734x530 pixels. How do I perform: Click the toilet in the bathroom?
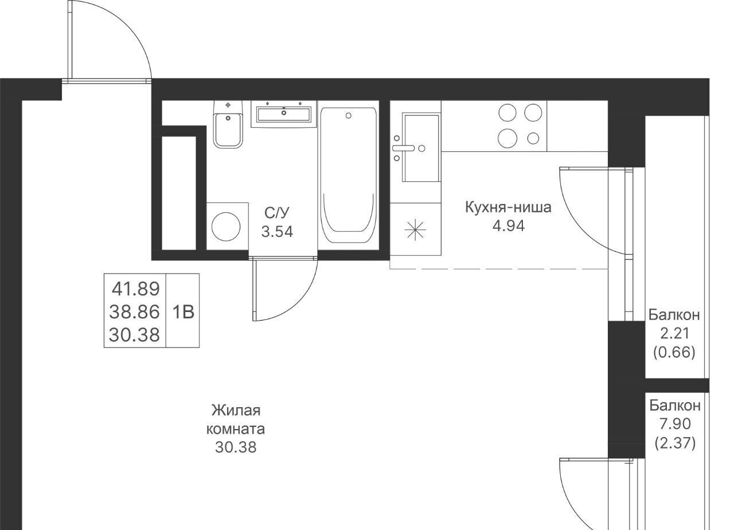pyautogui.click(x=228, y=124)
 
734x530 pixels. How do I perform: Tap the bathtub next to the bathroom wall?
pyautogui.click(x=348, y=176)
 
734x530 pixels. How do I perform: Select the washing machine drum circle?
pyautogui.click(x=226, y=227)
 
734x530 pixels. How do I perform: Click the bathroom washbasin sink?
pyautogui.click(x=284, y=114)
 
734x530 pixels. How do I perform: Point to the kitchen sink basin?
pyautogui.click(x=421, y=147)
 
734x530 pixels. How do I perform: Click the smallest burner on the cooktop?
pyautogui.click(x=533, y=138)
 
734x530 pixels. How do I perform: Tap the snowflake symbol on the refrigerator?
pyautogui.click(x=415, y=229)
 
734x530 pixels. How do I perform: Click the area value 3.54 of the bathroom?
pyautogui.click(x=277, y=232)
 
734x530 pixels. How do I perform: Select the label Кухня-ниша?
pyautogui.click(x=508, y=208)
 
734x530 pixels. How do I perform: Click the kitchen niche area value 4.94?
pyautogui.click(x=509, y=226)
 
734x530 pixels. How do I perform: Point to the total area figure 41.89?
pyautogui.click(x=136, y=289)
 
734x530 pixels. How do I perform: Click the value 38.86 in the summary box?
pyautogui.click(x=134, y=311)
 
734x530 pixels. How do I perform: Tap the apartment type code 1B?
pyautogui.click(x=183, y=312)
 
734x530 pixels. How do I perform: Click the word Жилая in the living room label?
pyautogui.click(x=236, y=410)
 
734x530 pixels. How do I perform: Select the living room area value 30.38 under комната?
pyautogui.click(x=236, y=447)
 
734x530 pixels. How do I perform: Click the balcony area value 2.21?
pyautogui.click(x=674, y=334)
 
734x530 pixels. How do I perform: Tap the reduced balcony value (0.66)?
pyautogui.click(x=674, y=352)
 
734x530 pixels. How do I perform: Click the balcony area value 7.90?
pyautogui.click(x=675, y=424)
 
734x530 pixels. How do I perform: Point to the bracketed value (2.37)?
pyautogui.click(x=675, y=443)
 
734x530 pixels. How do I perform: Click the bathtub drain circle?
pyautogui.click(x=349, y=115)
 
